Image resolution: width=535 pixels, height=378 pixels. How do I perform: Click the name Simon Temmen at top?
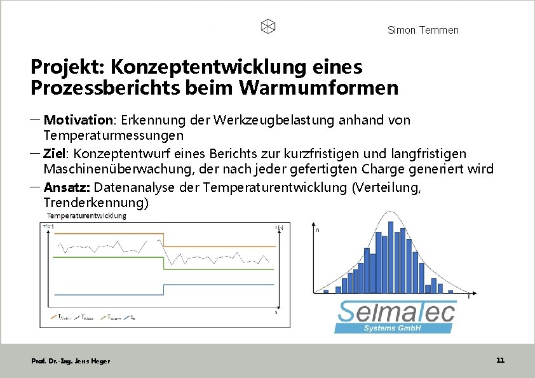tap(423, 30)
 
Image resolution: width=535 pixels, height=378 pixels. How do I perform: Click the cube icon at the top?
tap(268, 27)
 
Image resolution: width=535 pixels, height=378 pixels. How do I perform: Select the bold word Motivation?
tap(78, 120)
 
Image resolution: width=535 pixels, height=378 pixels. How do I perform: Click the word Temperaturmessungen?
tap(113, 135)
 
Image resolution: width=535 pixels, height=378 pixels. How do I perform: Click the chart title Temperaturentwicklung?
tap(86, 216)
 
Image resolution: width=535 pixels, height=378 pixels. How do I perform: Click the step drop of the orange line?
tap(164, 240)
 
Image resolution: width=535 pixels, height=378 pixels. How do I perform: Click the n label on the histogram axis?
tap(318, 231)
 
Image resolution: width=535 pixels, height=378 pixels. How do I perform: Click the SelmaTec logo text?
tap(395, 312)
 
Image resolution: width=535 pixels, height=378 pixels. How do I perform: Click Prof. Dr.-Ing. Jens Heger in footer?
tap(71, 361)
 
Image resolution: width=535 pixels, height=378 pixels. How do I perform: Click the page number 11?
tap(500, 360)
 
